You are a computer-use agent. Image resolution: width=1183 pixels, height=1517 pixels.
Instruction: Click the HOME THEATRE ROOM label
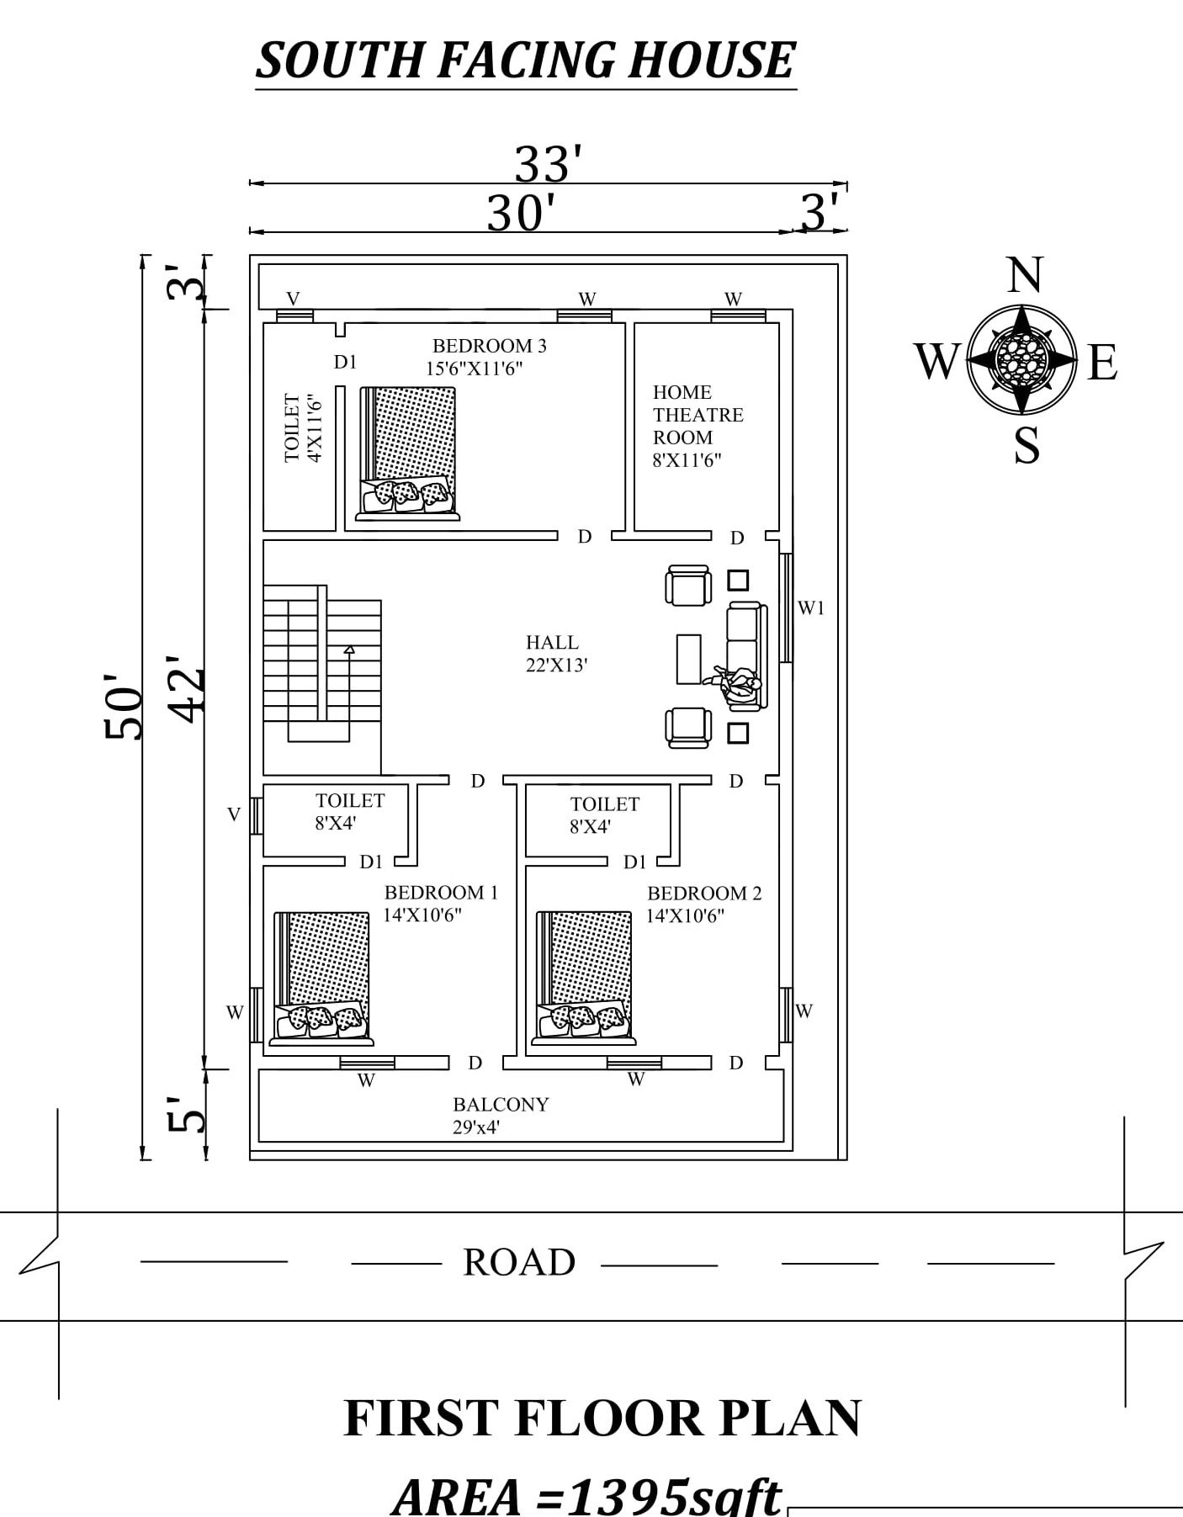click(x=697, y=415)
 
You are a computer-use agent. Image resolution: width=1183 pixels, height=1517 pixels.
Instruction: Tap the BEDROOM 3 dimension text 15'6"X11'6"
click(x=474, y=369)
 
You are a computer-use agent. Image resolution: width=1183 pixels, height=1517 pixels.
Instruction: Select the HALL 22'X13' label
click(x=555, y=654)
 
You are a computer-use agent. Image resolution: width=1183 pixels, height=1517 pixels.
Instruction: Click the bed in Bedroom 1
click(x=322, y=976)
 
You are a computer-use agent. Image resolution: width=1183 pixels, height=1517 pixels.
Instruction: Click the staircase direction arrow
click(x=349, y=650)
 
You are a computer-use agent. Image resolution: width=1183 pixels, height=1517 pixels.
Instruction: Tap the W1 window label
click(x=811, y=607)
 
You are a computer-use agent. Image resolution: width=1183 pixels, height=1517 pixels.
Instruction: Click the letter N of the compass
click(x=1024, y=276)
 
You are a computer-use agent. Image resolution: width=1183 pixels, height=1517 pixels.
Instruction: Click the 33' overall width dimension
click(x=548, y=163)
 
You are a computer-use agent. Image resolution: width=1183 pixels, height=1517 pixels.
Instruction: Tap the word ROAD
click(x=519, y=1262)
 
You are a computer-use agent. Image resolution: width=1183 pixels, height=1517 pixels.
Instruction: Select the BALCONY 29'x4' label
click(x=501, y=1115)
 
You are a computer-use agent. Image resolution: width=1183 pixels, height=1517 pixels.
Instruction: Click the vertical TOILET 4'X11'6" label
click(x=303, y=427)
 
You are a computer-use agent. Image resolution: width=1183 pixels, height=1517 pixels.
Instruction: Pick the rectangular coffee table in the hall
click(x=688, y=659)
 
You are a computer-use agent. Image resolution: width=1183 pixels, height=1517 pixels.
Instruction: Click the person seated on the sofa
click(x=739, y=683)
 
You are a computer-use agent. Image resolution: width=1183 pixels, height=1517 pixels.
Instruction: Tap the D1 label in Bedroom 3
click(x=346, y=362)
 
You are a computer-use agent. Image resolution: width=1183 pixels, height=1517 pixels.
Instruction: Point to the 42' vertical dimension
click(x=186, y=688)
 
